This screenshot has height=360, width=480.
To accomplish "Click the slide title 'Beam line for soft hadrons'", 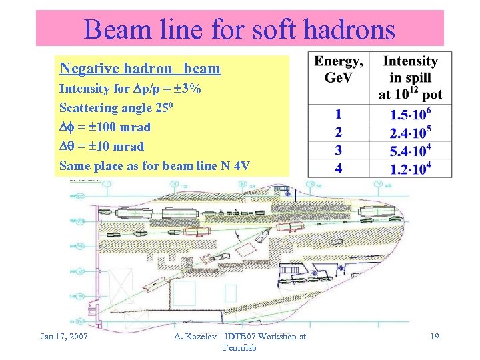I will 239,29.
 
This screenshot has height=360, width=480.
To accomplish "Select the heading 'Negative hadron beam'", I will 139,68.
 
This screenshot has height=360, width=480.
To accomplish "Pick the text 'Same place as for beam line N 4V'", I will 155,165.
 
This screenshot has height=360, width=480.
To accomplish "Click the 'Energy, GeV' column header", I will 339,69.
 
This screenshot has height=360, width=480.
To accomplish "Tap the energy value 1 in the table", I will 339,114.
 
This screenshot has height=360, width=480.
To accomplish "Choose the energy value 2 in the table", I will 339,132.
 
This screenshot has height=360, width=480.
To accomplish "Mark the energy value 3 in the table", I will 339,150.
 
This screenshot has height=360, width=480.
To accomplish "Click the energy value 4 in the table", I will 339,168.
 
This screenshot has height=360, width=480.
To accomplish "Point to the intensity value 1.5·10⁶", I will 410,114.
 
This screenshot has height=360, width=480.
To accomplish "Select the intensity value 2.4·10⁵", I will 410,132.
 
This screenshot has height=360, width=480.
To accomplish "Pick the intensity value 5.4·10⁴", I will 410,150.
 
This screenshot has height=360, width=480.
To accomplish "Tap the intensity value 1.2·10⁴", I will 410,168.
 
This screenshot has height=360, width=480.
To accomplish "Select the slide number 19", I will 434,336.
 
